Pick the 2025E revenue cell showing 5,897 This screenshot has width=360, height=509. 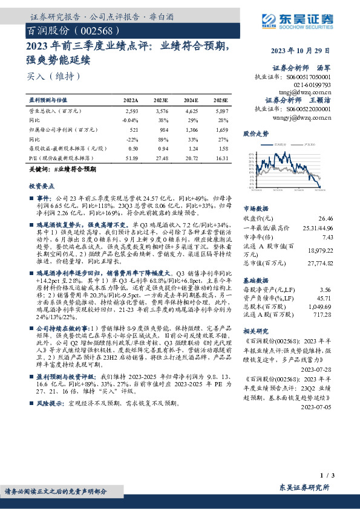221,112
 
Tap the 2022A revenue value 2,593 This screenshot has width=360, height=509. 131,112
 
